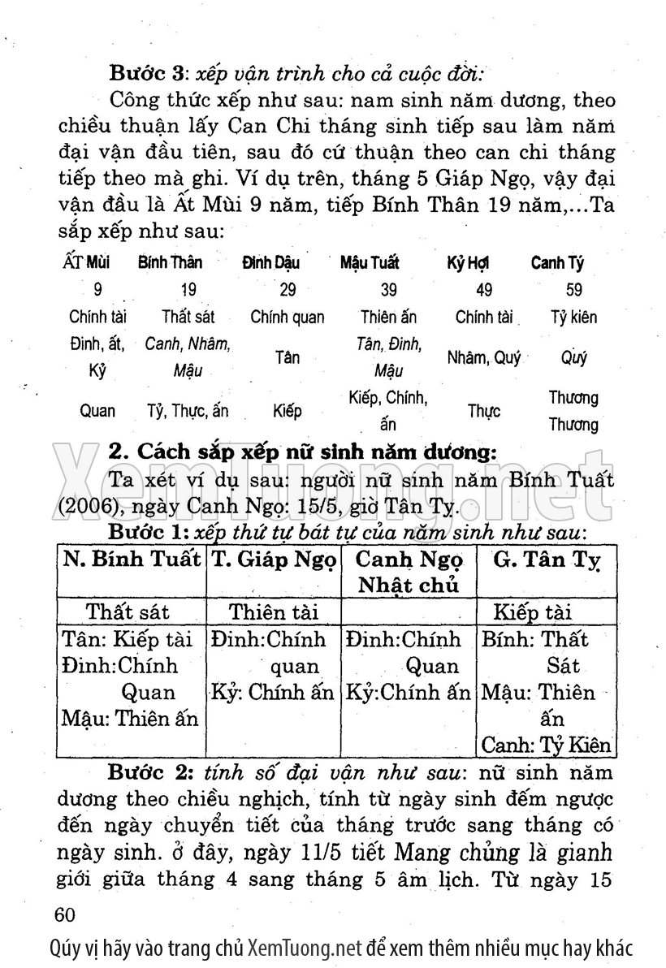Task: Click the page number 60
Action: pos(63,914)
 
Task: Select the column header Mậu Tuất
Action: pos(370,263)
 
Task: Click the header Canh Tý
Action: pos(557,263)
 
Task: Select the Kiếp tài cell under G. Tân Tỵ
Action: pos(538,611)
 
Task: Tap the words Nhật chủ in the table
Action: pos(409,585)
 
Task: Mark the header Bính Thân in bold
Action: pos(170,263)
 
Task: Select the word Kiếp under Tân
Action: pos(288,411)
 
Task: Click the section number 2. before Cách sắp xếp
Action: pos(119,451)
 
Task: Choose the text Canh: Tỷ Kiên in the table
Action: pos(546,745)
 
